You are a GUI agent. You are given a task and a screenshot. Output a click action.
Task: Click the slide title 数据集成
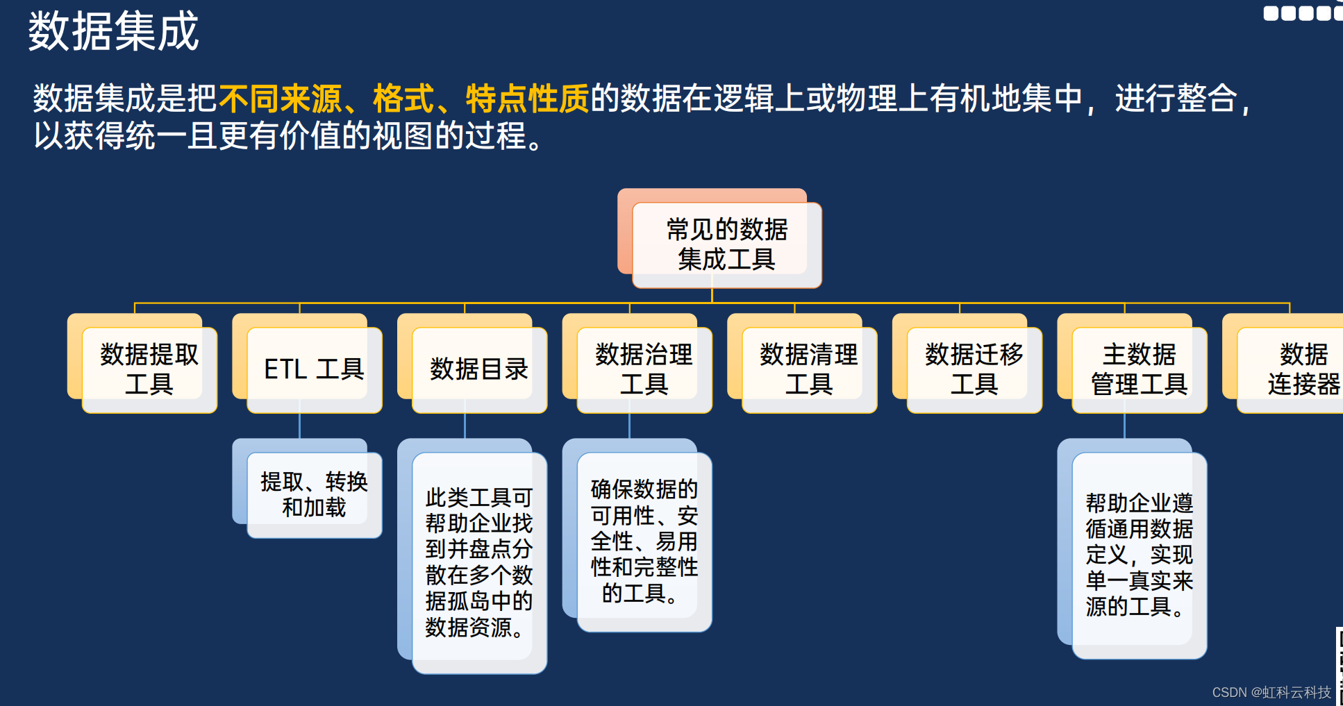[113, 31]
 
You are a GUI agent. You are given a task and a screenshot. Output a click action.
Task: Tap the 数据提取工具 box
[149, 369]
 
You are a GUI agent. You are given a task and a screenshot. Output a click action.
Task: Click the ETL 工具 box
[314, 369]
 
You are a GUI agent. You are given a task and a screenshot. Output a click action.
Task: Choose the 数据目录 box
[479, 369]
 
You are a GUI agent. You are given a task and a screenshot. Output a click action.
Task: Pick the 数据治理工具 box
[644, 369]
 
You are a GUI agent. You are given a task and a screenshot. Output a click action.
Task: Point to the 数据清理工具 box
[809, 369]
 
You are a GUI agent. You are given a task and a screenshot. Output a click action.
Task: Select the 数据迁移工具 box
[974, 369]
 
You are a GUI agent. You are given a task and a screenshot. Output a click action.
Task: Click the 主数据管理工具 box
[1139, 369]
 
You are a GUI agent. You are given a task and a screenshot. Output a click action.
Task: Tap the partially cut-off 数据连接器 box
[1299, 369]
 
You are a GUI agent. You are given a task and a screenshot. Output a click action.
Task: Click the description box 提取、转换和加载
[314, 494]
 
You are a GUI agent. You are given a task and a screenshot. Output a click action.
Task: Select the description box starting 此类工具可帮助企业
[479, 562]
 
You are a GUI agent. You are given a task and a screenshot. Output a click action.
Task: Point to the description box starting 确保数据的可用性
[644, 541]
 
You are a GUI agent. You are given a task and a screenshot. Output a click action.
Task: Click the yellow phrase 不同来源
[280, 99]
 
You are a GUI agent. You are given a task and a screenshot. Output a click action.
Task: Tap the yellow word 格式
[403, 99]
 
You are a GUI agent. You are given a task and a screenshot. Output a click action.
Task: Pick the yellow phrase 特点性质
[527, 99]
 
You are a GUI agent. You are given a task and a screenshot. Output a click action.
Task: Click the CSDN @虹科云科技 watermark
[1271, 692]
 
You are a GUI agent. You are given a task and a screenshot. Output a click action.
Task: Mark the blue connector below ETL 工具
[300, 426]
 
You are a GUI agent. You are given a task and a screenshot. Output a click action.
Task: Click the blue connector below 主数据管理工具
[1124, 426]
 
